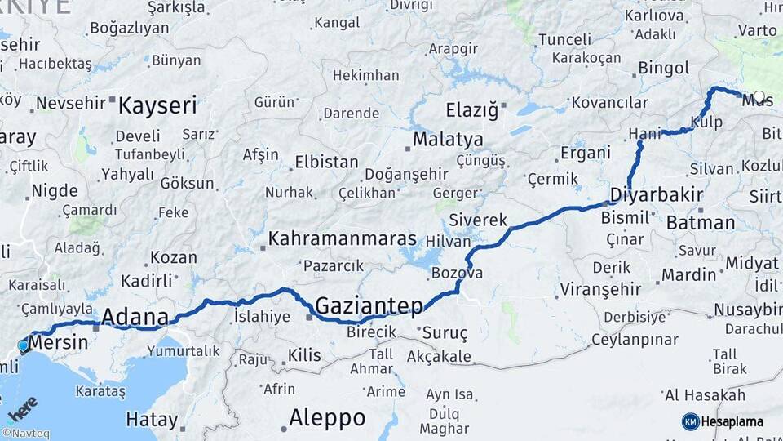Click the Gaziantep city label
[x=369, y=306]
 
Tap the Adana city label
[x=135, y=317]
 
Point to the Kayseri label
[x=158, y=105]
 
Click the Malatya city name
[x=447, y=139]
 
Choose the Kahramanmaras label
[x=343, y=239]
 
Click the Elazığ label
[x=471, y=110]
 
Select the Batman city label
[x=701, y=222]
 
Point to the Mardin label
[x=688, y=274]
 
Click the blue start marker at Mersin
[x=23, y=345]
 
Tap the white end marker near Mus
[x=759, y=96]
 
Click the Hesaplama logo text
[x=732, y=421]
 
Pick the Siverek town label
[x=478, y=220]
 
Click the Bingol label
[x=664, y=68]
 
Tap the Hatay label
[x=152, y=421]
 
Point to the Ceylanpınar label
[x=635, y=340]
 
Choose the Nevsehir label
[x=72, y=103]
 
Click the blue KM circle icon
[x=690, y=421]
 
